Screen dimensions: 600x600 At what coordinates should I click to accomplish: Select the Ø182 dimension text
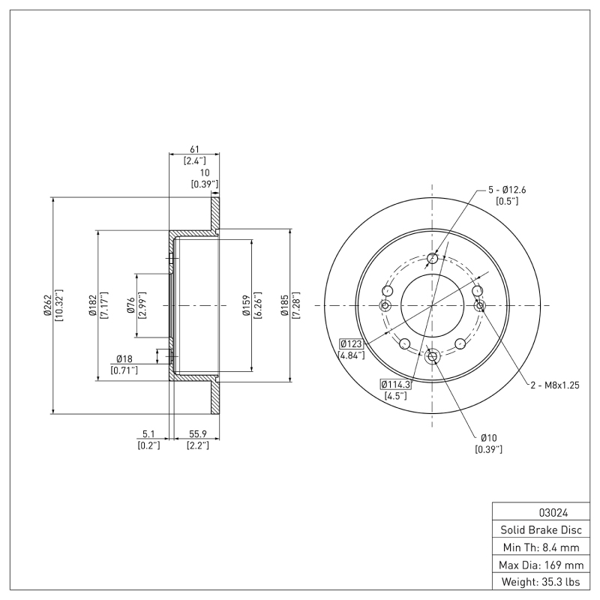91,305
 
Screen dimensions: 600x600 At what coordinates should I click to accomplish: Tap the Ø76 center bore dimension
130,305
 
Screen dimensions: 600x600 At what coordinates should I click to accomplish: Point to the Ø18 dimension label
124,359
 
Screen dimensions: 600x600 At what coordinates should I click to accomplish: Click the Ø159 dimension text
245,305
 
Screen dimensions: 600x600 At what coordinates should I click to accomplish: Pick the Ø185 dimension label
284,305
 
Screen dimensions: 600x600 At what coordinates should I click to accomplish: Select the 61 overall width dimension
194,149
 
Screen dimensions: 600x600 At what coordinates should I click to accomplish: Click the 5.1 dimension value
148,433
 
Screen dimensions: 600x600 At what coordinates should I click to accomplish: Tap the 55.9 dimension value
197,433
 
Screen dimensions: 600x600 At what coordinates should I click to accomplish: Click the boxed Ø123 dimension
350,343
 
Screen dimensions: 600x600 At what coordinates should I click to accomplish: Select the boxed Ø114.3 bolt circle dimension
396,384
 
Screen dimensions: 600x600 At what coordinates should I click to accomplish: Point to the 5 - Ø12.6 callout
506,189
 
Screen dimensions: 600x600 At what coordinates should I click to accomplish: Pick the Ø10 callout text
488,437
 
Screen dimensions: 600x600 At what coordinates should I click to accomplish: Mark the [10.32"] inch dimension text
59,305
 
